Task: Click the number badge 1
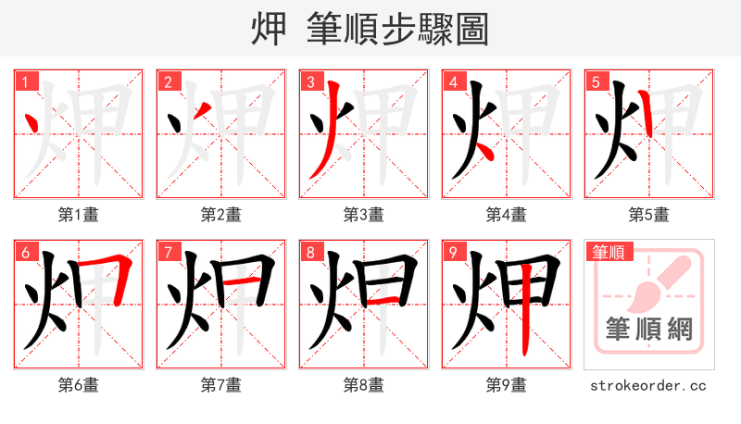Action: pos(25,81)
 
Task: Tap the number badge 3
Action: pos(310,81)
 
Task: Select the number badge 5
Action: pos(596,81)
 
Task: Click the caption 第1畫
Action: pos(79,215)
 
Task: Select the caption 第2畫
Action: pos(221,215)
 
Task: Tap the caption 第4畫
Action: pos(507,215)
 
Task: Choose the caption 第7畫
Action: pos(221,385)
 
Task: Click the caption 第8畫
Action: pos(364,385)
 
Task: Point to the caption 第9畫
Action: pos(507,385)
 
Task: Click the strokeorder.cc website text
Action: pos(648,385)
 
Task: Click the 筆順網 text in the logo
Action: pos(648,329)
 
